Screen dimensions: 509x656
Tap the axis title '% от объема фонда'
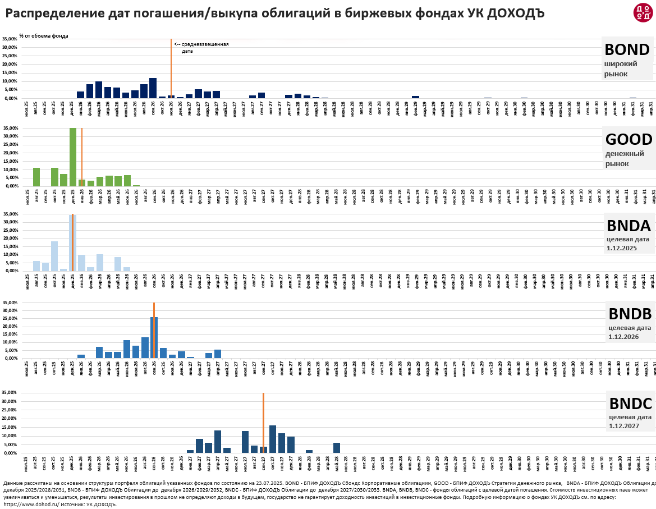[44, 36]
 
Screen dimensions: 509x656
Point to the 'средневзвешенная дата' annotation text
[202, 47]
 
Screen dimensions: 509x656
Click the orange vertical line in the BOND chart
[171, 67]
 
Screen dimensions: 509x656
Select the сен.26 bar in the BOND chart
[153, 88]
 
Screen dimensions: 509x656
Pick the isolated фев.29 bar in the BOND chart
[416, 97]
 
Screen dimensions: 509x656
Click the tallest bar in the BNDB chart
[154, 337]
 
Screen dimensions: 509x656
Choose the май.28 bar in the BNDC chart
[337, 448]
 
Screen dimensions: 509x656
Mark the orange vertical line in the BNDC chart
[263, 421]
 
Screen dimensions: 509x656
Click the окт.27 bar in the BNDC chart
[273, 439]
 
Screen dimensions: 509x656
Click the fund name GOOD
[629, 140]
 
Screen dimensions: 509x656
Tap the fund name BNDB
[630, 314]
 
